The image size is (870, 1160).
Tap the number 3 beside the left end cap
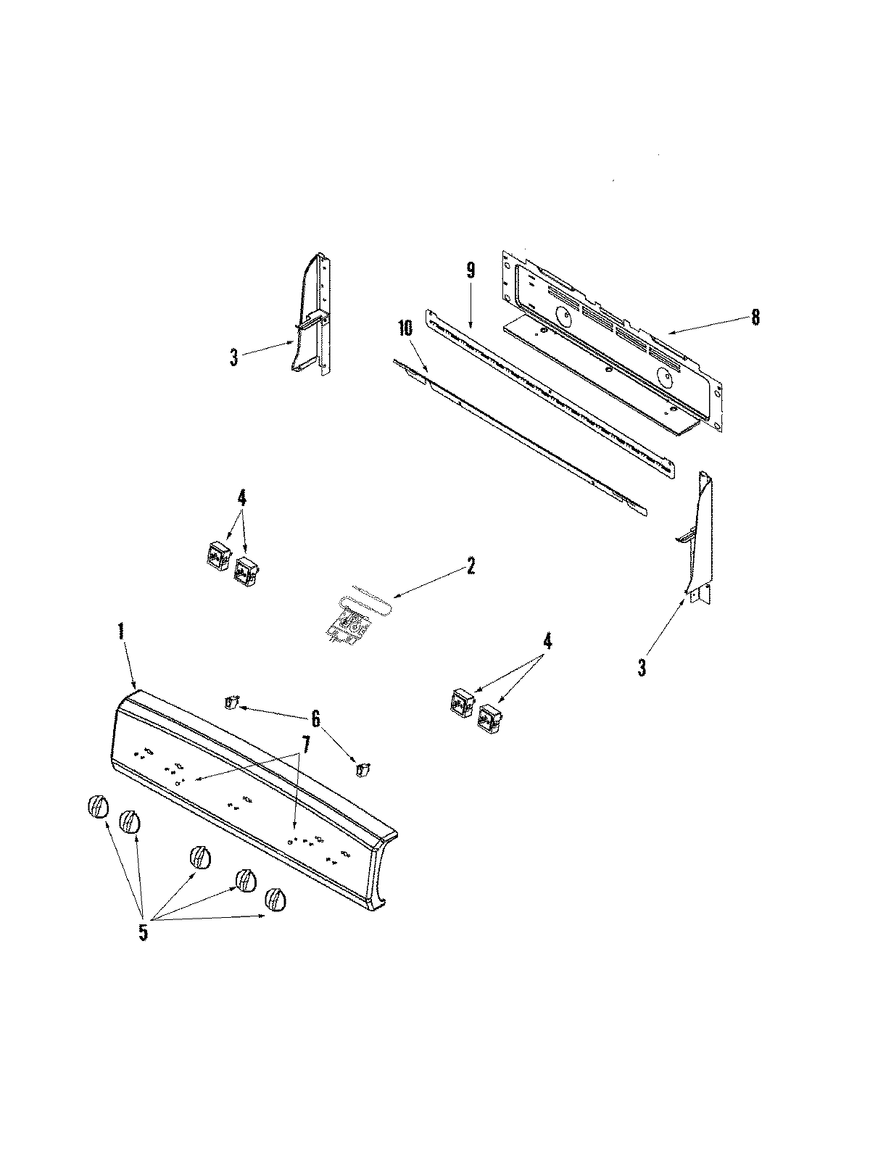[x=233, y=358]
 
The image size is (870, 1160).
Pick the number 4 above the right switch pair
[x=547, y=641]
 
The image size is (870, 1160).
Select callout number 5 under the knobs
[x=143, y=932]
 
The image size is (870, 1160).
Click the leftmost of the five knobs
[x=98, y=806]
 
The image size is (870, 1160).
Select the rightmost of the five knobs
[x=275, y=899]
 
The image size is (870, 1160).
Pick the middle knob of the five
[x=201, y=857]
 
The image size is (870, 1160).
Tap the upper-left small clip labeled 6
[x=231, y=702]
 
